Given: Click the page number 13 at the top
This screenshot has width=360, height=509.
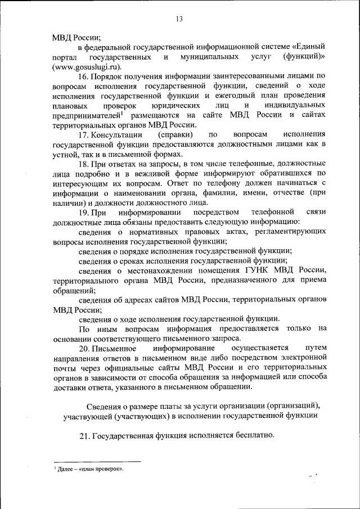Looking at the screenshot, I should tap(179, 20).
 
